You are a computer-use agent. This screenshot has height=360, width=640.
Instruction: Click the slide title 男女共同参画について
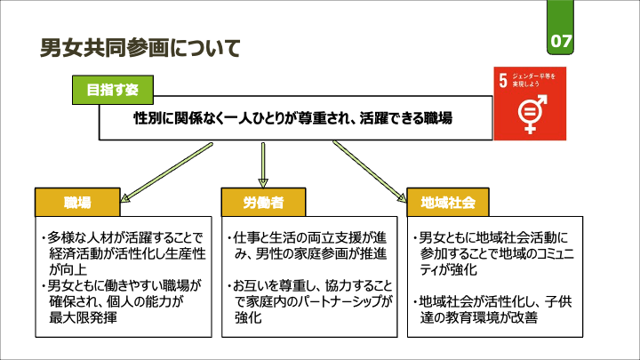(x=140, y=48)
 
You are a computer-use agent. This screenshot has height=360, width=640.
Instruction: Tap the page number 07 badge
(x=562, y=41)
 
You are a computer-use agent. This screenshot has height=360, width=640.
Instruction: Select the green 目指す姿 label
(x=112, y=90)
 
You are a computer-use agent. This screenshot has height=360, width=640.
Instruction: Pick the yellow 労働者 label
(x=263, y=202)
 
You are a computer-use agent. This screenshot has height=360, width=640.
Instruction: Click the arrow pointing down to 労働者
(x=263, y=164)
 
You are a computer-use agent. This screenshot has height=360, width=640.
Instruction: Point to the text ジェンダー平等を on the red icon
(x=536, y=76)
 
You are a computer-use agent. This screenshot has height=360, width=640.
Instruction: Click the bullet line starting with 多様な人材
(x=123, y=237)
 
